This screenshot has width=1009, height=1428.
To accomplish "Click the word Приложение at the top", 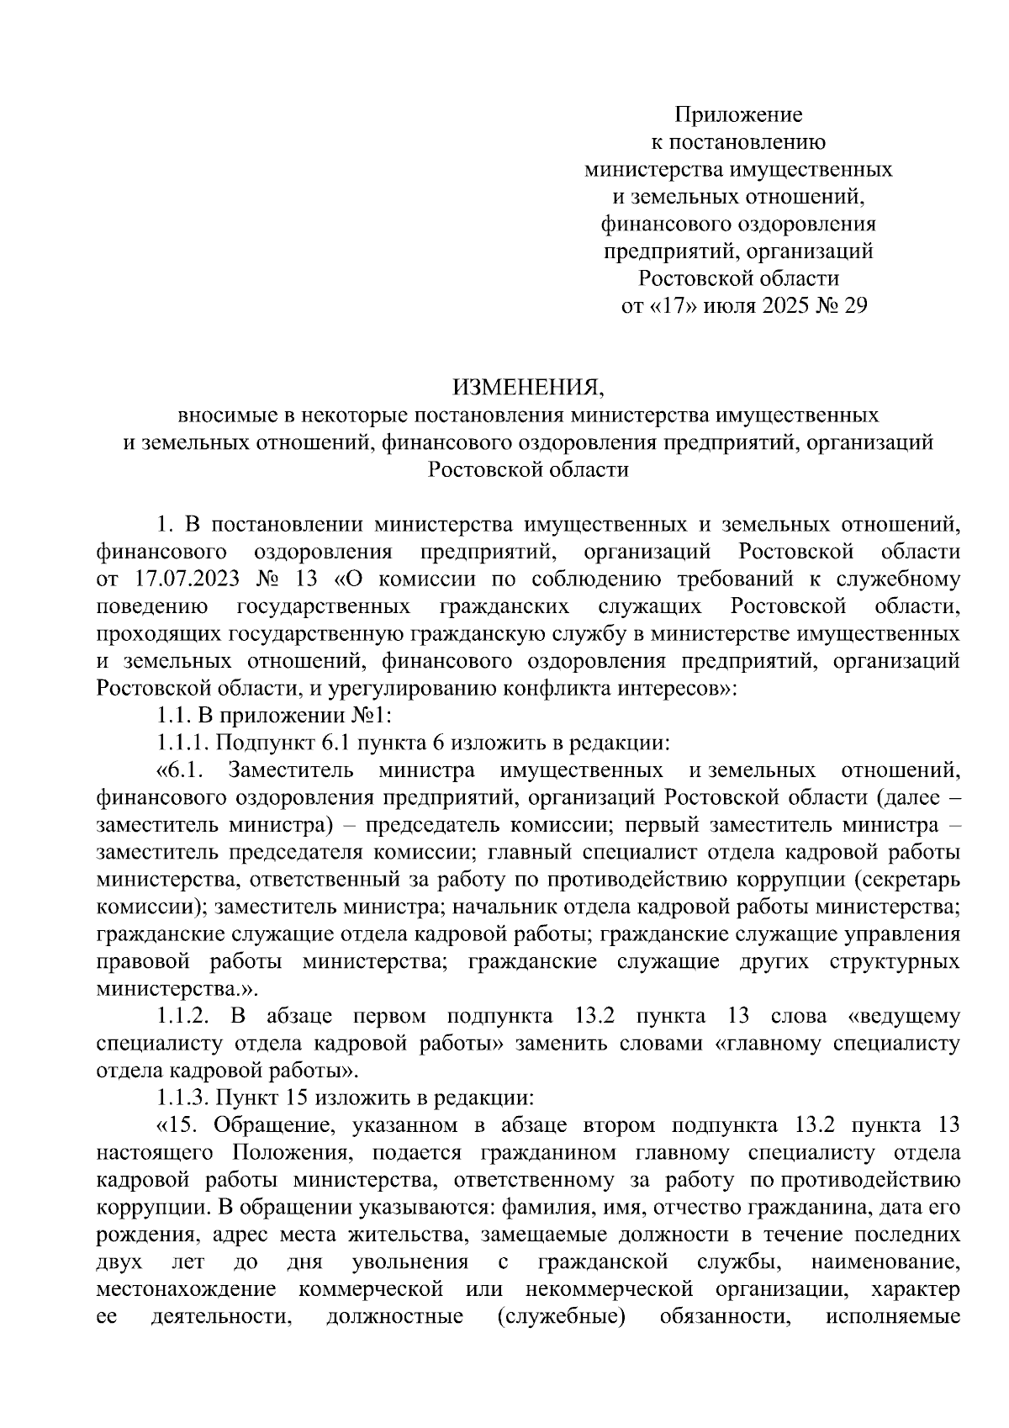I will click(x=739, y=114).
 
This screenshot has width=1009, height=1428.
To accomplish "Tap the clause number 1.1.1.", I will click(x=183, y=743).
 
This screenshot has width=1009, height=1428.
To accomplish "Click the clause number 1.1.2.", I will click(x=183, y=1016).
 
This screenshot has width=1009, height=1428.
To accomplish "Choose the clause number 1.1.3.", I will click(x=183, y=1098).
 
